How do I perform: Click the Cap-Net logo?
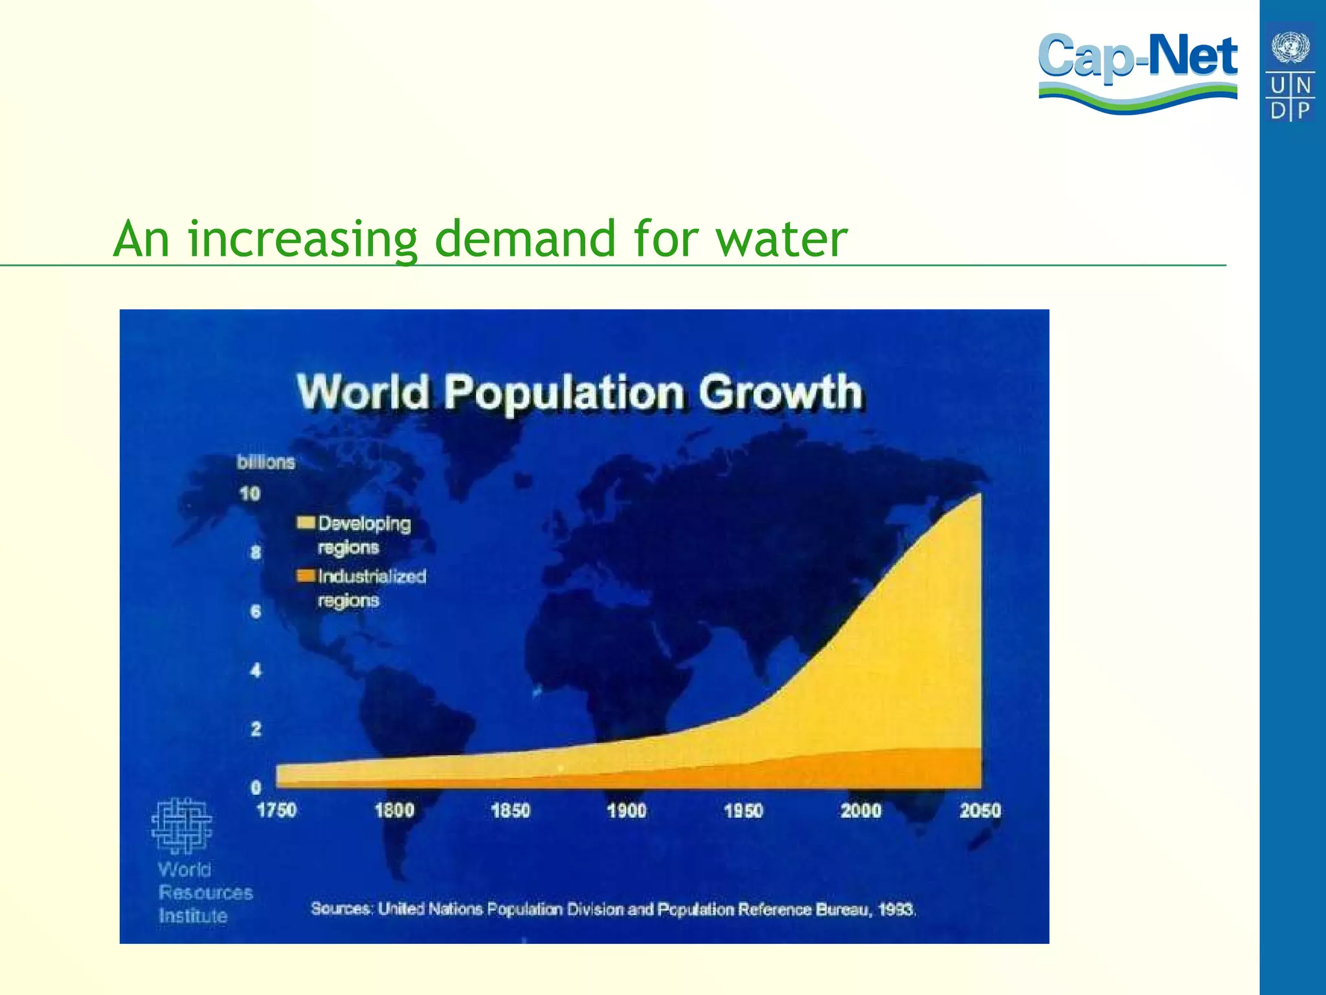pyautogui.click(x=1138, y=71)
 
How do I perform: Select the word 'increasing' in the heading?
pyautogui.click(x=302, y=240)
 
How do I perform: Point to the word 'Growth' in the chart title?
pyautogui.click(x=780, y=392)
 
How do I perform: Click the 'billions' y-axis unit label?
pyautogui.click(x=265, y=462)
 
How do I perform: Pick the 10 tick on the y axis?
pyautogui.click(x=250, y=494)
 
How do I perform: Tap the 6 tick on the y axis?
pyautogui.click(x=256, y=611)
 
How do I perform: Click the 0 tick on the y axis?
pyautogui.click(x=256, y=788)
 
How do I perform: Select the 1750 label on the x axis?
pyautogui.click(x=276, y=810)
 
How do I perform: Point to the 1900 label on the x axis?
pyautogui.click(x=626, y=810)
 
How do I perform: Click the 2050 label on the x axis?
pyautogui.click(x=980, y=810)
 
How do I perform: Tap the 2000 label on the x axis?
pyautogui.click(x=860, y=810)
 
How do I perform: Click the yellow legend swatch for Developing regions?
pyautogui.click(x=306, y=523)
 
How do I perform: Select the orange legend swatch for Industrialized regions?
pyautogui.click(x=306, y=576)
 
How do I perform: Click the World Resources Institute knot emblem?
pyautogui.click(x=181, y=825)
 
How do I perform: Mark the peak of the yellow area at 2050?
pyautogui.click(x=979, y=495)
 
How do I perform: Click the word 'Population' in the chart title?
pyautogui.click(x=563, y=393)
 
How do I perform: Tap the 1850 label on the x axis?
pyautogui.click(x=510, y=810)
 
